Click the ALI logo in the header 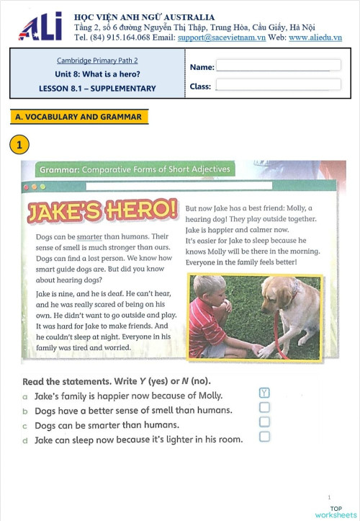(40, 27)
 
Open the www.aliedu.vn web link (315, 37)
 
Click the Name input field (278, 66)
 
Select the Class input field (278, 85)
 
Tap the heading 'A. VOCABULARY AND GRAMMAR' (78, 116)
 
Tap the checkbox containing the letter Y (264, 393)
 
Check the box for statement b (264, 407)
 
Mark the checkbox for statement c (264, 422)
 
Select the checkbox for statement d (264, 436)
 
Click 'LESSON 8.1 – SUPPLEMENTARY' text (97, 89)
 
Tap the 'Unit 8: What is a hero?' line (97, 74)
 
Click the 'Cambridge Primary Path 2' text (97, 61)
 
